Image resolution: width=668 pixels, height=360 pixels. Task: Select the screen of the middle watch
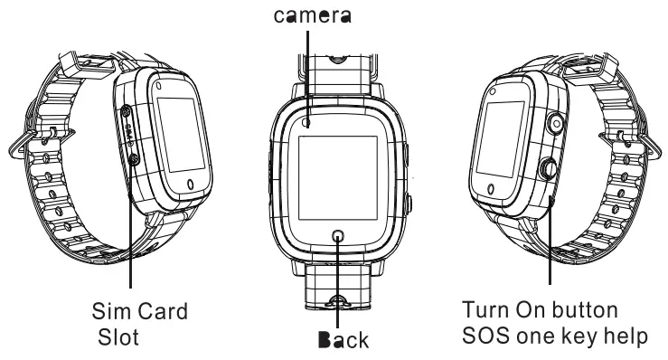coord(339,176)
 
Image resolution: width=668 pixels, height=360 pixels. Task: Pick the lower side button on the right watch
coord(548,167)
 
